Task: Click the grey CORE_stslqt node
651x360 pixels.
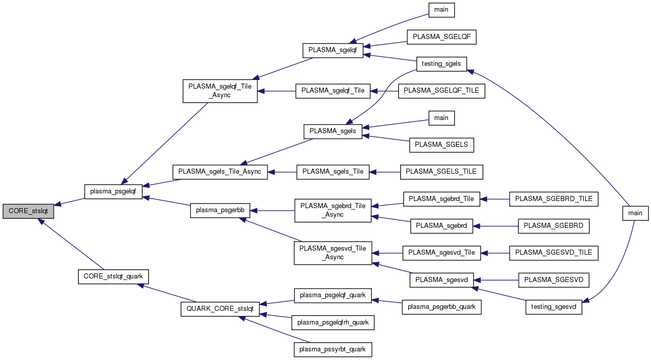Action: point(28,212)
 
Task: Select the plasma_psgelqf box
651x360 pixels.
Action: point(113,191)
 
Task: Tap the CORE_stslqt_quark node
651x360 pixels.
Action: point(113,276)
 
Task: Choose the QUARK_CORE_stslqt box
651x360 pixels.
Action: point(220,309)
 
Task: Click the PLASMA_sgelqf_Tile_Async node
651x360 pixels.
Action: point(220,91)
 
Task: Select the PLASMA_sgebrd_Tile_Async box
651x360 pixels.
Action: point(333,211)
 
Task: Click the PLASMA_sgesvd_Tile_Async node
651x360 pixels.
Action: point(333,253)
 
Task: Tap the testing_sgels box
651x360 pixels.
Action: point(441,63)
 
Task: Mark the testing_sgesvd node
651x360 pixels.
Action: point(554,307)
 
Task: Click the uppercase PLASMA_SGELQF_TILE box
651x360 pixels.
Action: point(442,91)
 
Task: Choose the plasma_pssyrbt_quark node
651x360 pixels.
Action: point(333,349)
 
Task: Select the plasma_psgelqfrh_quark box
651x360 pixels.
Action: point(333,322)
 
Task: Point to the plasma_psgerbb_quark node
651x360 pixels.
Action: point(441,307)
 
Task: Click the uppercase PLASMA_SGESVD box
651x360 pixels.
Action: point(554,279)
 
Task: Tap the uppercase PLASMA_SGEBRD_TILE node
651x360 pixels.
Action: point(554,199)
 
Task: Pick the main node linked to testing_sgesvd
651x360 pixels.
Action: point(635,213)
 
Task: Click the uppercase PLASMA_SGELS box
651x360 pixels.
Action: point(441,145)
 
